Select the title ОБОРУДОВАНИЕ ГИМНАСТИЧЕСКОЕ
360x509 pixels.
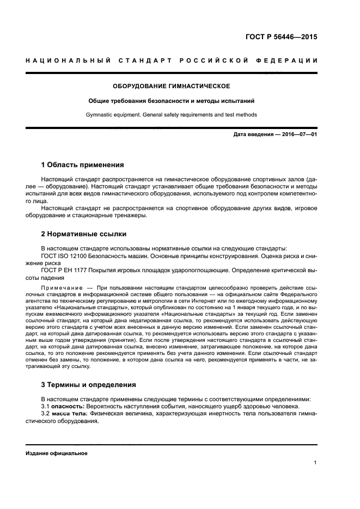click(x=171, y=86)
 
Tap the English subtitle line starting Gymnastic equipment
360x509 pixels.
click(x=171, y=114)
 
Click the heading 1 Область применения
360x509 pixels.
click(x=83, y=164)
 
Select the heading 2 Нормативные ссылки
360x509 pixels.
click(x=84, y=235)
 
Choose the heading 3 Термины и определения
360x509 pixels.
click(x=88, y=384)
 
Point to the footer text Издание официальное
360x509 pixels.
click(x=57, y=453)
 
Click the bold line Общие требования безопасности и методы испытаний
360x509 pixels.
click(x=171, y=101)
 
